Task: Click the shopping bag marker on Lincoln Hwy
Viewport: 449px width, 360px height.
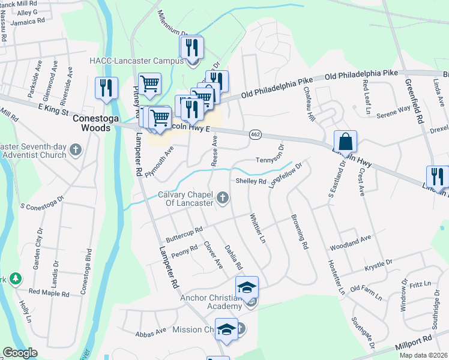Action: [345, 142]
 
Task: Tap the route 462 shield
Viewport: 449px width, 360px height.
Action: [255, 136]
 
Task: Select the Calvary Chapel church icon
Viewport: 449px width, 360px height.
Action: [223, 197]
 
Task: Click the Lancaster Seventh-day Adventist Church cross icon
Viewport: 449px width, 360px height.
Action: [75, 149]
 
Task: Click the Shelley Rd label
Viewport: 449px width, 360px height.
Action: [251, 181]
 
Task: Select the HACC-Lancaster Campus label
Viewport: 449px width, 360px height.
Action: [136, 61]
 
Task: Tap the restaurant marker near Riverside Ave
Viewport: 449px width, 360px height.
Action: [106, 88]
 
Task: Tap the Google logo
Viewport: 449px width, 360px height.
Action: [20, 353]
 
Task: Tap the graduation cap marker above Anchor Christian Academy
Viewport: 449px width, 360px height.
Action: [247, 287]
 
